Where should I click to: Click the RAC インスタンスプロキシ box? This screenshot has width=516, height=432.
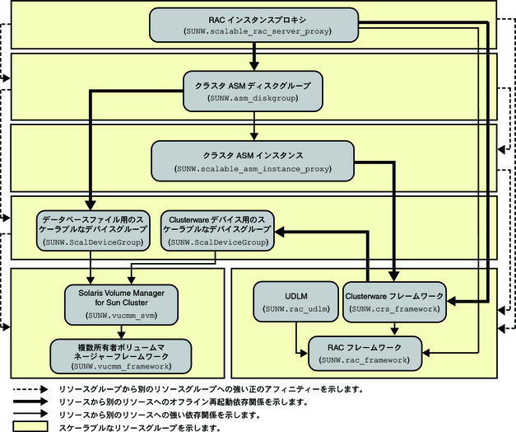[253, 25]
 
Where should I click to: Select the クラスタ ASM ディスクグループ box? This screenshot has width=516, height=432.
[253, 91]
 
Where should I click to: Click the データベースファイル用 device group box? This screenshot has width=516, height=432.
[91, 231]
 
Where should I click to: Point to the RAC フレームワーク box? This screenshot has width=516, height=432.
[365, 352]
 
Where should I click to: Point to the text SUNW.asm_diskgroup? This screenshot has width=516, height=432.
[253, 98]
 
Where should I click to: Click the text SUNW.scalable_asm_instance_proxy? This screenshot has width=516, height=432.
[253, 168]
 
